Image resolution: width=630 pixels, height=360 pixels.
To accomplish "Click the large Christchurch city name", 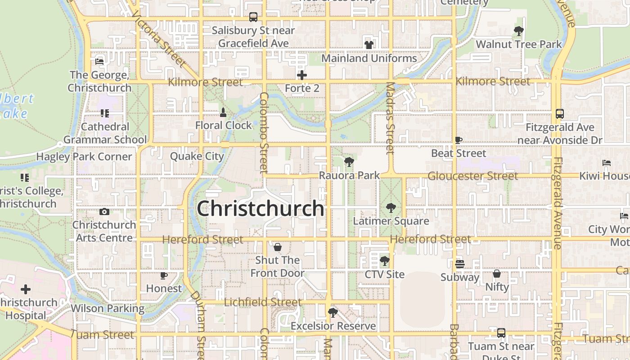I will [x=261, y=209].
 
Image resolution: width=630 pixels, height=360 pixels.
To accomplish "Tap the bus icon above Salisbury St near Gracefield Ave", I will [x=253, y=17].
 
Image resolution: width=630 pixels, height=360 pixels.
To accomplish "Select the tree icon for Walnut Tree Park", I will [x=519, y=31].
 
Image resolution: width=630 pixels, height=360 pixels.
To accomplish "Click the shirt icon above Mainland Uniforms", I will [x=369, y=45].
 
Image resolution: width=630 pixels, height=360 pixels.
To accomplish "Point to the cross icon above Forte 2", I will [x=302, y=75].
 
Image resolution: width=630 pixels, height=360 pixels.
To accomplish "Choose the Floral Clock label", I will [x=223, y=126].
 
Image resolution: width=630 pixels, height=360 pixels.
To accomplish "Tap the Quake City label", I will [x=197, y=156].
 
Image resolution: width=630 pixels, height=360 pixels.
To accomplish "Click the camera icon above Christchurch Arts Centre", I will [x=104, y=211].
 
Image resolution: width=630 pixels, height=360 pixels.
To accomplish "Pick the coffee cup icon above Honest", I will [x=164, y=275].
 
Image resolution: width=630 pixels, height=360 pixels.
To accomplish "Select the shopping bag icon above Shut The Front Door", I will [x=278, y=247].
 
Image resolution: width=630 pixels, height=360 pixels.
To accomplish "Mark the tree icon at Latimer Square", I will [x=391, y=208].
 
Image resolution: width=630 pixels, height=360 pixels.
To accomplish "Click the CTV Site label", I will [x=385, y=274].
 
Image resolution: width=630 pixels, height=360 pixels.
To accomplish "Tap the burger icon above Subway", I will [x=459, y=264].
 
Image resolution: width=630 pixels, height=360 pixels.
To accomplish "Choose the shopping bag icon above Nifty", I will [x=497, y=274].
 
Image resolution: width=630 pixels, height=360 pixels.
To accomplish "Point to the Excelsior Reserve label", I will [x=333, y=326].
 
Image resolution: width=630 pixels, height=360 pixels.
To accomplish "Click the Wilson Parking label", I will [x=108, y=309].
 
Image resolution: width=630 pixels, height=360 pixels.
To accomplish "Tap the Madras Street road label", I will [x=390, y=118].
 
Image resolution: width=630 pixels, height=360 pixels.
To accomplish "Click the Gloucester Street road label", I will [x=472, y=176].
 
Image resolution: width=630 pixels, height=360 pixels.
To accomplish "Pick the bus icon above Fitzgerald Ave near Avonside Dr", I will [x=560, y=114].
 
